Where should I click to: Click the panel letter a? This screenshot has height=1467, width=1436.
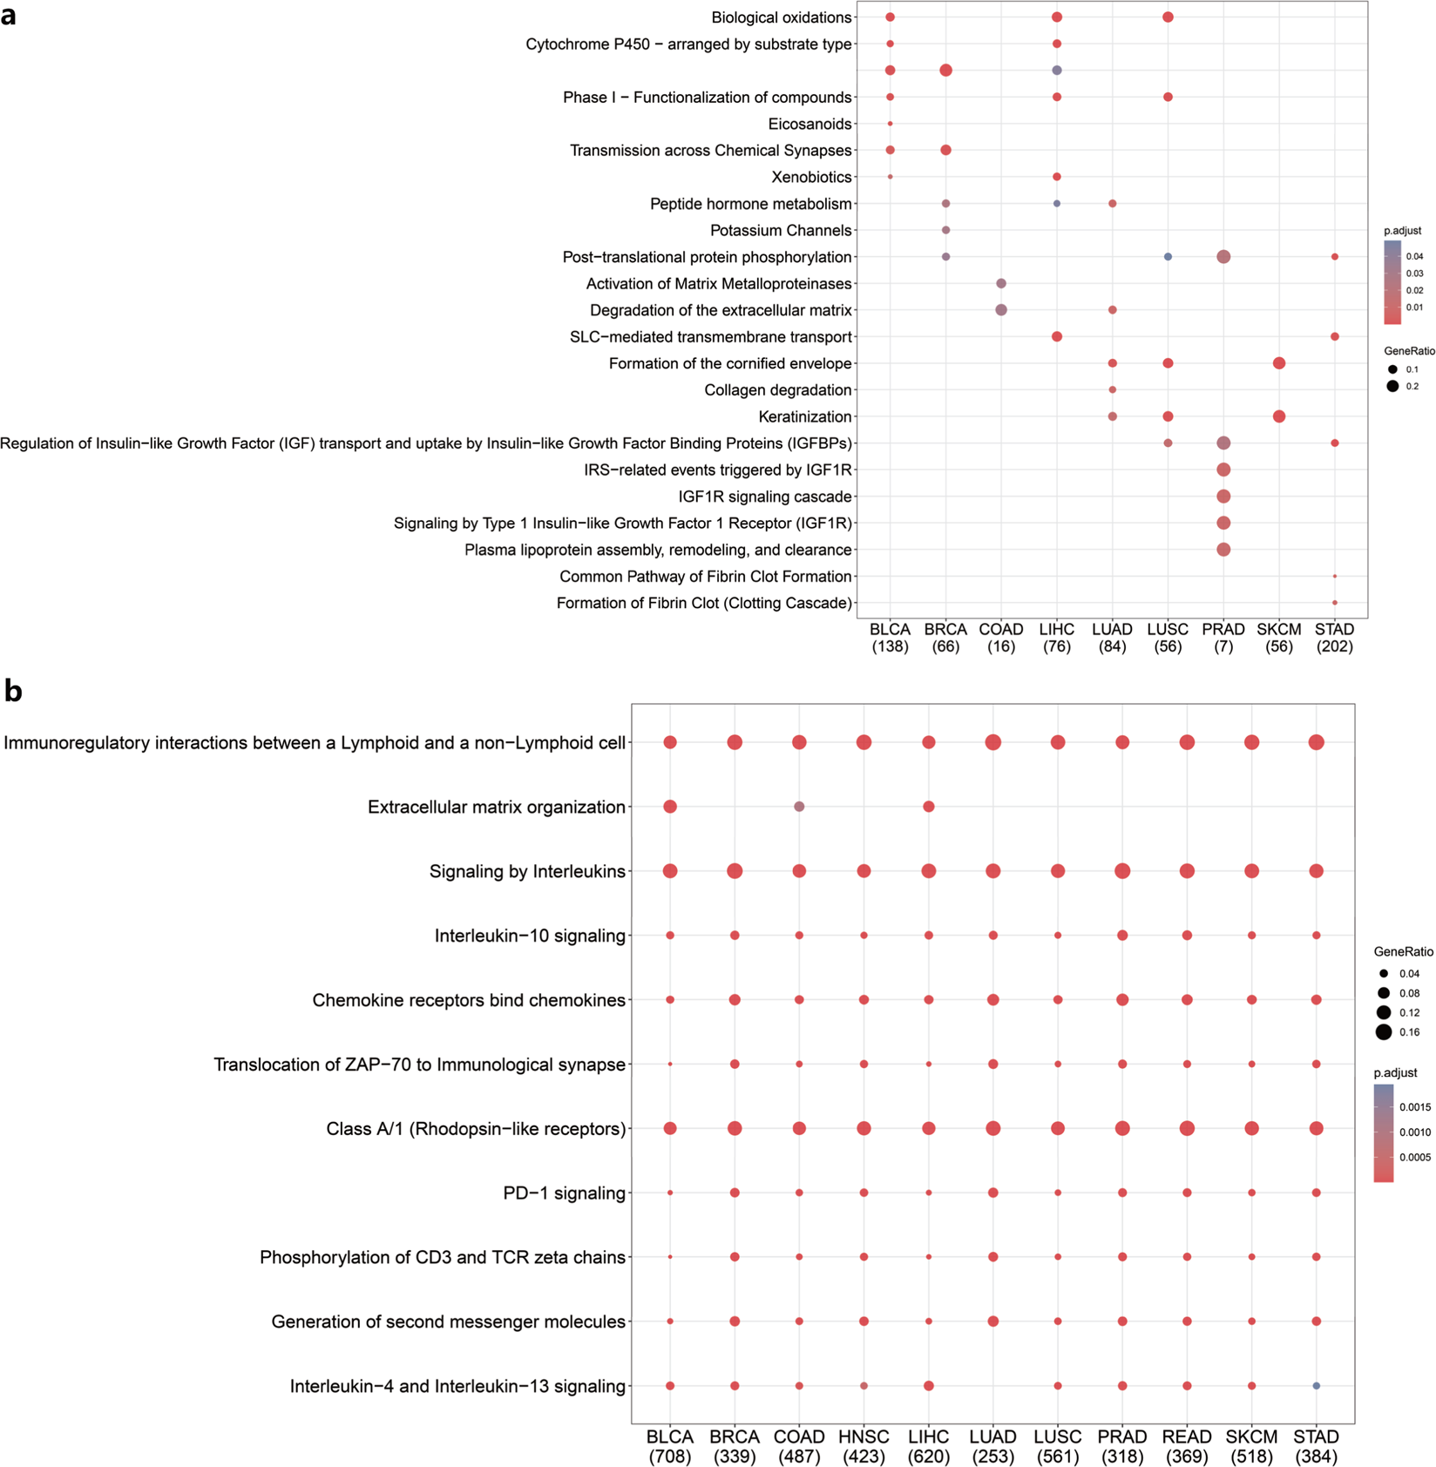click(9, 15)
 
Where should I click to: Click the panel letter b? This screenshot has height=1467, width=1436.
click(12, 691)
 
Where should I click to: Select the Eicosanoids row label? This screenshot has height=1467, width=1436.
click(809, 124)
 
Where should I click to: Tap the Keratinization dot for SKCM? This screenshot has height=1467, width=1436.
click(1278, 416)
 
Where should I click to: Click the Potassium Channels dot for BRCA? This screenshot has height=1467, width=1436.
click(945, 231)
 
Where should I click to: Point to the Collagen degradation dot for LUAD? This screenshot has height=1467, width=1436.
click(1112, 389)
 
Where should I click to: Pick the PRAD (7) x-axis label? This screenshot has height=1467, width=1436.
click(1223, 638)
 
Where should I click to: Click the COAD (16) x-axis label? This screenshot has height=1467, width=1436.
click(1000, 638)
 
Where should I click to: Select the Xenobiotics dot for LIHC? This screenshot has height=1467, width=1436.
click(1056, 177)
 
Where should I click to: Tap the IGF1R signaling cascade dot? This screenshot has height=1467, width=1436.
click(1223, 497)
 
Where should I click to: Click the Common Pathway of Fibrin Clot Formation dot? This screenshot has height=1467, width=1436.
click(1334, 577)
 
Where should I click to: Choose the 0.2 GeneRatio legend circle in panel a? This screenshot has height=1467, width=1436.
click(1392, 386)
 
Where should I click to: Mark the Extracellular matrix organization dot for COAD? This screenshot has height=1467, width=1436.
click(799, 807)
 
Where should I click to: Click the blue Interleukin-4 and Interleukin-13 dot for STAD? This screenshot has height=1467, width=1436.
click(1316, 1386)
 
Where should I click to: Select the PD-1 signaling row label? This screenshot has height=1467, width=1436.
click(564, 1193)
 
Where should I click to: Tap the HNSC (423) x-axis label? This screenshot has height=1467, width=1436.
click(864, 1446)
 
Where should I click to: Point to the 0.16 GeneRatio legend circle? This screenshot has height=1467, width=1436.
click(1384, 1032)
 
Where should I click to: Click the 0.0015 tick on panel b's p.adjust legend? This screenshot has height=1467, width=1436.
click(1414, 1107)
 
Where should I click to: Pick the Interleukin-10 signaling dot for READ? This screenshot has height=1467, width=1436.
click(1186, 936)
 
